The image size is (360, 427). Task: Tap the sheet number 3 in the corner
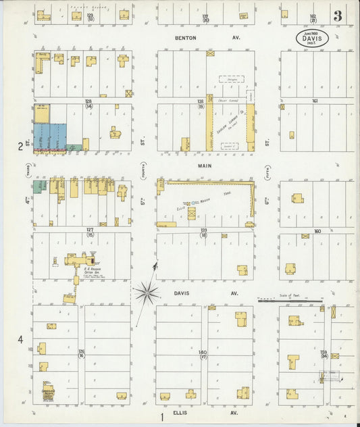336,16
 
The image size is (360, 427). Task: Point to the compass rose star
146,292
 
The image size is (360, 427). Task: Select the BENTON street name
185,38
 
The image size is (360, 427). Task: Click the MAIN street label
205,166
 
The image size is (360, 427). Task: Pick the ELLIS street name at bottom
180,412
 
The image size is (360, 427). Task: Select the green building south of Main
40,185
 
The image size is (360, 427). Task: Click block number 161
314,101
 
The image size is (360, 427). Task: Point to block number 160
316,231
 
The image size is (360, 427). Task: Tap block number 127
89,230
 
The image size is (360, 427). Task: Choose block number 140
202,352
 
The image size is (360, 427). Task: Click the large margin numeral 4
20,339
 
